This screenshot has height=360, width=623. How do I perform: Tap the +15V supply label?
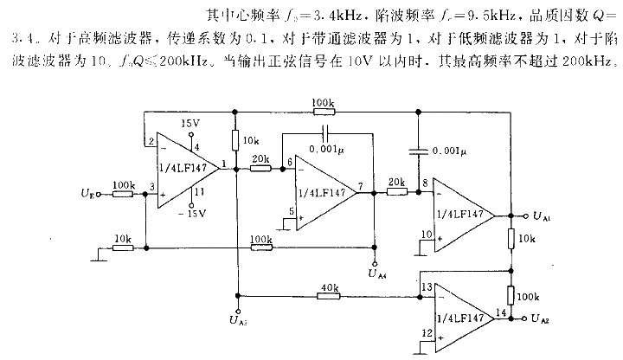pos(190,124)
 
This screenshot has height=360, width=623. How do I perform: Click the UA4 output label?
pos(376,275)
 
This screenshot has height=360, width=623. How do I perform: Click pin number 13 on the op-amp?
pos(426,286)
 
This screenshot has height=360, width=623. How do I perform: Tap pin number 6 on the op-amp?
pos(288,162)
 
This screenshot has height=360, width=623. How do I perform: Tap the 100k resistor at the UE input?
pos(123,185)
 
